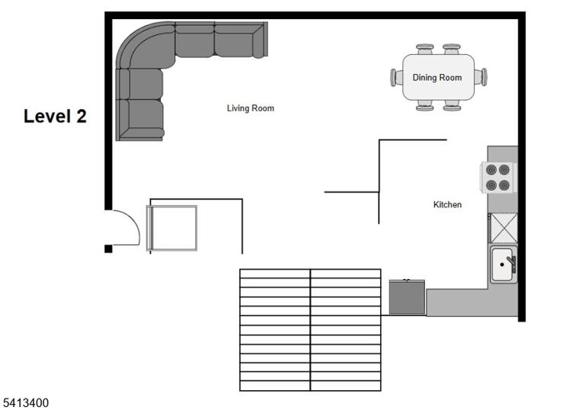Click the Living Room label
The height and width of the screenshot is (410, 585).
point(251,108)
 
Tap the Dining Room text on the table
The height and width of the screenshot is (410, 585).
point(437,78)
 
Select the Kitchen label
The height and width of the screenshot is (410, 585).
point(447,205)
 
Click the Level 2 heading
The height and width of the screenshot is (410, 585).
point(55,116)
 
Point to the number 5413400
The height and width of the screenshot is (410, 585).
point(26,403)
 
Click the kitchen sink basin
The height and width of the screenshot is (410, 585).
point(502,264)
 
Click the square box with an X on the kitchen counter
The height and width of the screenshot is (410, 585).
point(503,228)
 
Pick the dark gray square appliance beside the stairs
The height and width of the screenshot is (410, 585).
point(407,297)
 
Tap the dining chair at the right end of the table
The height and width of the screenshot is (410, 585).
point(481,77)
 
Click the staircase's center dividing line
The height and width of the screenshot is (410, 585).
point(310,330)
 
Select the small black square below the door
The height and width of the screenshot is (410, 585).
point(108,248)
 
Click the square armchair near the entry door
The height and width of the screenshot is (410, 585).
point(172,228)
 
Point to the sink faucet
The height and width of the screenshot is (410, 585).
point(512,262)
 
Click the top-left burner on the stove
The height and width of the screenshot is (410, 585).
point(491,170)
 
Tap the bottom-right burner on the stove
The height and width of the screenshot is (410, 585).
point(504,185)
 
